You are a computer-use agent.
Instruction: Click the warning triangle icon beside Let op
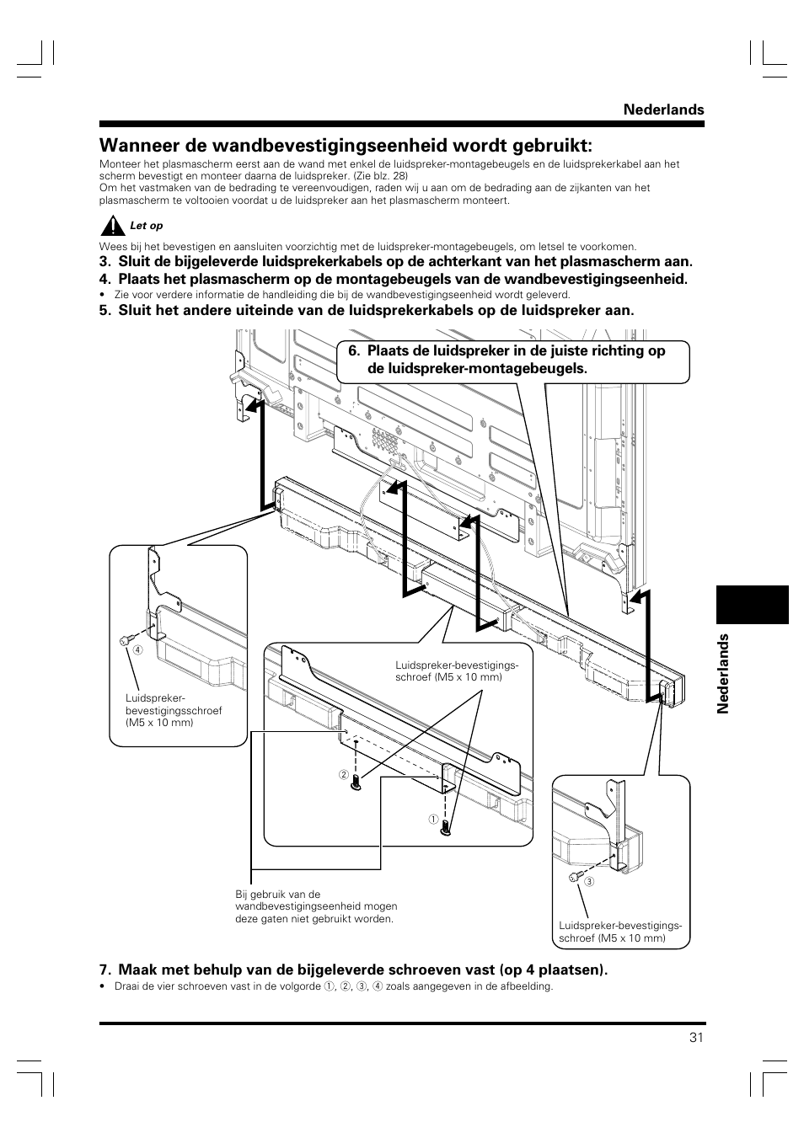tap(111, 226)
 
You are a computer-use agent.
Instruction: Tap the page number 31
tap(695, 1038)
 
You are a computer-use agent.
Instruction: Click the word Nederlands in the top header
tap(663, 110)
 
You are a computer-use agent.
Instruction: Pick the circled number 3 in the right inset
tap(590, 882)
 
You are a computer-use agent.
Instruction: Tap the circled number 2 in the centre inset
tap(344, 775)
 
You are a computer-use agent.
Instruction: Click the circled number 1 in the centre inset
tap(431, 820)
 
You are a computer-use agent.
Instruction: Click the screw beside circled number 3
tap(574, 877)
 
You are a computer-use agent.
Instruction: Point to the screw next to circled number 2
tap(356, 781)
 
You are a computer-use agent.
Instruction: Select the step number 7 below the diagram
tap(104, 970)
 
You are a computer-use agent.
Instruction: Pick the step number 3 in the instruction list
tap(104, 262)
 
